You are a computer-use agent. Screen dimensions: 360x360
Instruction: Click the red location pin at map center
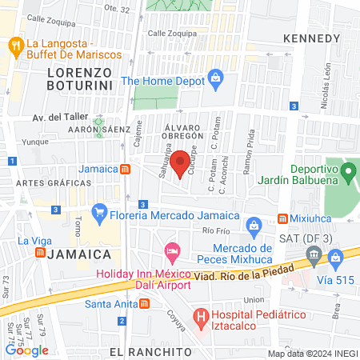coord(182,162)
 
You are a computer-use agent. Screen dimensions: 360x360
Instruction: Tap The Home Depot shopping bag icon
coord(215,78)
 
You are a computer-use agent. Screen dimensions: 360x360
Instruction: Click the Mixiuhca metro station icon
coord(282,218)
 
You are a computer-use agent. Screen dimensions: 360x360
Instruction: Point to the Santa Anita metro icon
coord(143,303)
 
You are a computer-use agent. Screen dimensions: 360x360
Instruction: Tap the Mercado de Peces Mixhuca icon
coord(254,227)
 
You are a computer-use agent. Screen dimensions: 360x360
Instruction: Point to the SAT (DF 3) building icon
coord(313,257)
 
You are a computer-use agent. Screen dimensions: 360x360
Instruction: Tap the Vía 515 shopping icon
coord(336,257)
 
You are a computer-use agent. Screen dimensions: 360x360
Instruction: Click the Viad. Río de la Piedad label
coord(240,276)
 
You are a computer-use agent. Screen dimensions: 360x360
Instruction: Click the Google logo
coord(27,350)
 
